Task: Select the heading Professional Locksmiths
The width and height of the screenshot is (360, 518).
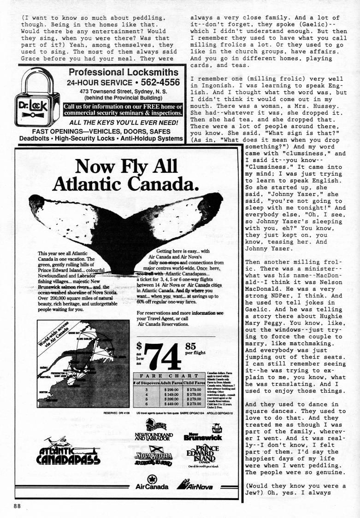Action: click(123, 72)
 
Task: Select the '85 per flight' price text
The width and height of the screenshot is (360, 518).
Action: click(197, 349)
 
